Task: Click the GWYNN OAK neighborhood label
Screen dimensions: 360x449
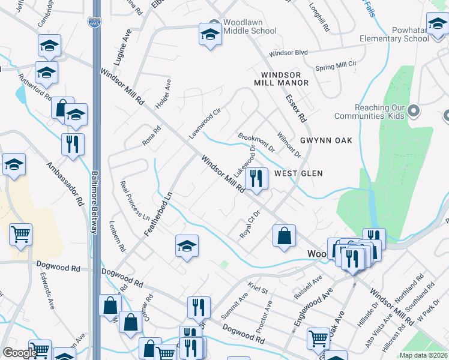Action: click(x=326, y=140)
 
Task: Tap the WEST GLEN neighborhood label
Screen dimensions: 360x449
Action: click(x=298, y=173)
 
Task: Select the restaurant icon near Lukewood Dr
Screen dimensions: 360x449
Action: click(x=256, y=178)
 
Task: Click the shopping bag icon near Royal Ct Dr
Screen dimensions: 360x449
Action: click(x=284, y=235)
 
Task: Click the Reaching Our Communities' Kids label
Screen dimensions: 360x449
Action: click(x=388, y=112)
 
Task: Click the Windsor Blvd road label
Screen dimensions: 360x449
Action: click(x=288, y=53)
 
